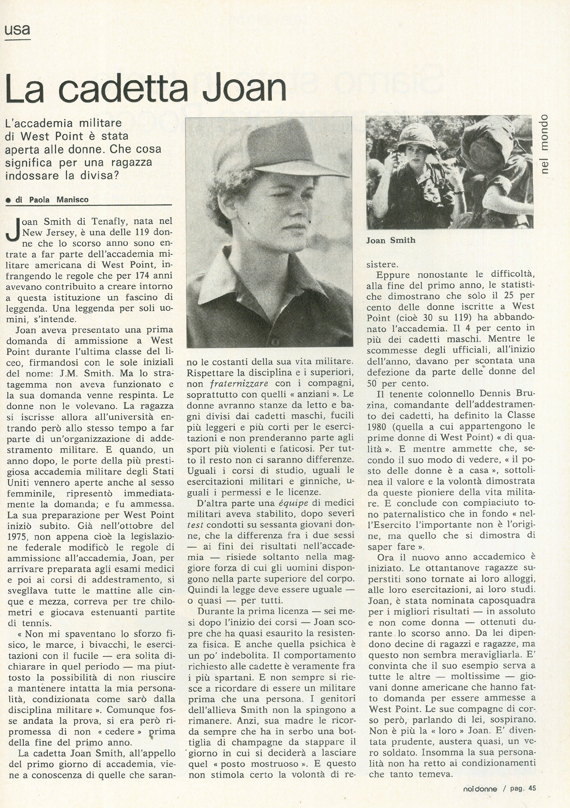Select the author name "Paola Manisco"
tap(59, 200)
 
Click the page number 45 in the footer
tap(532, 795)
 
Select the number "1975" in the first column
tap(18, 537)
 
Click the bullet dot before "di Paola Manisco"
tap(8, 200)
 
